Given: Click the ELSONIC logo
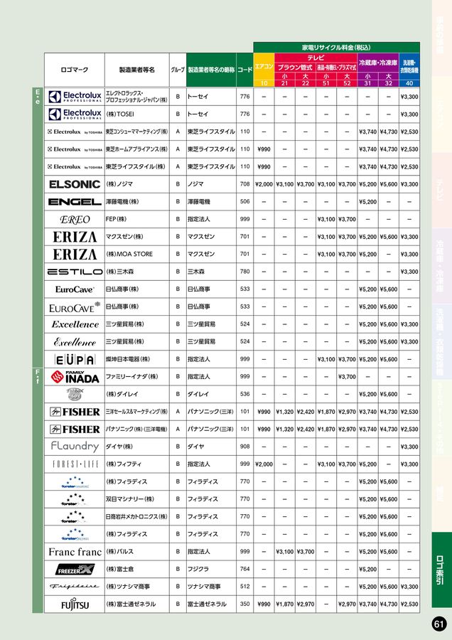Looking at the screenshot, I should pyautogui.click(x=75, y=184).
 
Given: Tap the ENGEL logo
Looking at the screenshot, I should pyautogui.click(x=75, y=202).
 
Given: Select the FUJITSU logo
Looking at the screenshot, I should pyautogui.click(x=75, y=604).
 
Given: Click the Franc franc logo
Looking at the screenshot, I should pyautogui.click(x=75, y=551).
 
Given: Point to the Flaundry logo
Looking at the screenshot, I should pyautogui.click(x=75, y=447).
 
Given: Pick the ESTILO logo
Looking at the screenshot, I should pyautogui.click(x=75, y=272).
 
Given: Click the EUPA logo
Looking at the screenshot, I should pyautogui.click(x=75, y=359).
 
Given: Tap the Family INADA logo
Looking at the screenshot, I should pyautogui.click(x=75, y=376).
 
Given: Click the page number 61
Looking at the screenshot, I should pyautogui.click(x=438, y=624).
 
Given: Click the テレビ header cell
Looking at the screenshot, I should pyautogui.click(x=316, y=57).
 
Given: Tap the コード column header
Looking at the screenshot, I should pyautogui.click(x=245, y=70).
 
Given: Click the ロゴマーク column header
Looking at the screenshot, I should pyautogui.click(x=75, y=70).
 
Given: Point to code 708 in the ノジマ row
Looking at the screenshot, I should pyautogui.click(x=245, y=184).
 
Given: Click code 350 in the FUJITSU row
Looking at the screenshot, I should pyautogui.click(x=245, y=604).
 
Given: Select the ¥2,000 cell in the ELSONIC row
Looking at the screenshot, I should pyautogui.click(x=264, y=184).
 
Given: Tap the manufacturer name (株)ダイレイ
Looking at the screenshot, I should pyautogui.click(x=122, y=394).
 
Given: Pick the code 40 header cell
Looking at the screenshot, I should pyautogui.click(x=409, y=83).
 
